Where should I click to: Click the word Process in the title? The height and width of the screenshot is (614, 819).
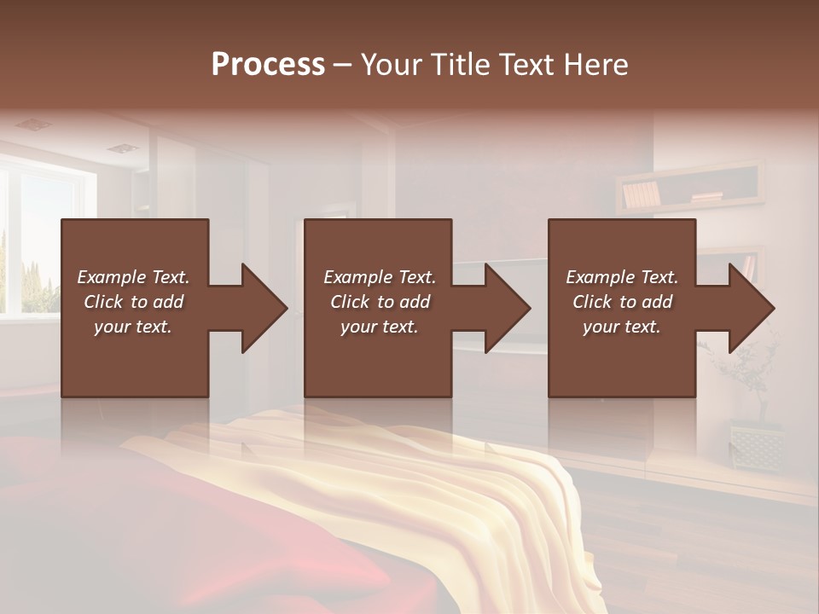tap(268, 64)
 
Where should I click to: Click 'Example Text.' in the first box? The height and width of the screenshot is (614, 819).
tap(133, 277)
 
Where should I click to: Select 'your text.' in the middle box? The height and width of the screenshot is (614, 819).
tap(379, 327)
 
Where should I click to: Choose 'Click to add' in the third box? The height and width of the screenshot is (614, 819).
tap(622, 302)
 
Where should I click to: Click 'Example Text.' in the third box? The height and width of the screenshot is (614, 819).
tap(622, 277)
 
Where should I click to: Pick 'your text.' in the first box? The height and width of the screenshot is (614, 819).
tap(133, 327)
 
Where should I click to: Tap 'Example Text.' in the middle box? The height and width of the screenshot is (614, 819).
tap(379, 277)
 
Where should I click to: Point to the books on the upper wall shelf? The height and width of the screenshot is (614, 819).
tap(641, 195)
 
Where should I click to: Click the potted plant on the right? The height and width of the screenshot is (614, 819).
tap(751, 375)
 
